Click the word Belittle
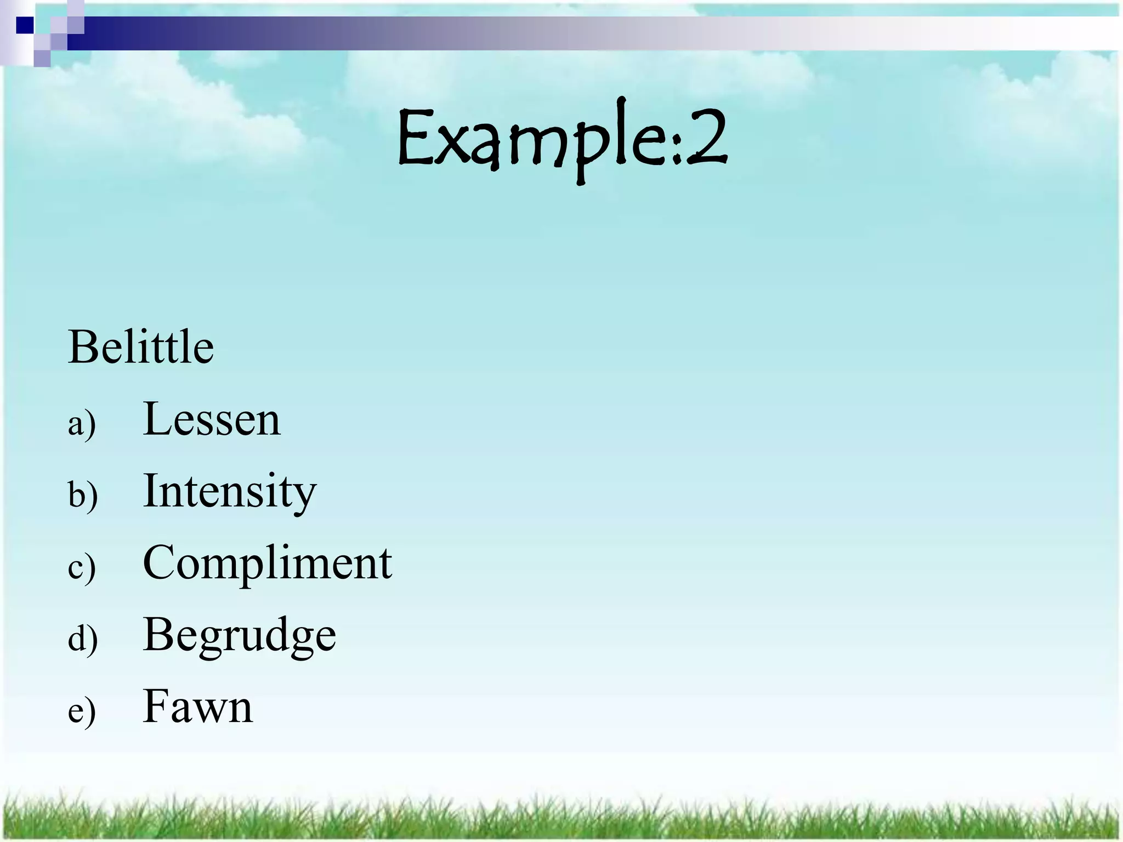[141, 347]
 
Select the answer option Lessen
[211, 419]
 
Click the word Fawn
[197, 707]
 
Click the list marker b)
[83, 495]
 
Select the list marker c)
[82, 567]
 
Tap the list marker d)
[83, 639]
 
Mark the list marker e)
[82, 711]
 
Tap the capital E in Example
[417, 137]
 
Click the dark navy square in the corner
[25, 25]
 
